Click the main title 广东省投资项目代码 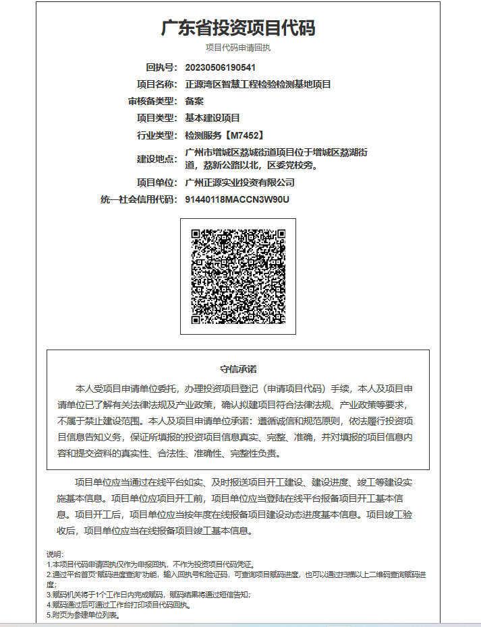click(x=238, y=28)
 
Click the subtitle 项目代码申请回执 click(x=238, y=48)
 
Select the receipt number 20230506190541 click(x=220, y=67)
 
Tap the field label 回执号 click(x=161, y=67)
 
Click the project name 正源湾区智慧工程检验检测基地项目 click(x=258, y=84)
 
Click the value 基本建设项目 click(x=213, y=118)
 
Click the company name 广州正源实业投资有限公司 click(x=239, y=183)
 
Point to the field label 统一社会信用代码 click(x=138, y=199)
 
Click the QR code click(x=238, y=276)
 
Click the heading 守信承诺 click(x=238, y=369)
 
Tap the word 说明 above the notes click(x=55, y=554)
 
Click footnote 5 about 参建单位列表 click(x=83, y=615)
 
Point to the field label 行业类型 click(x=157, y=135)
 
